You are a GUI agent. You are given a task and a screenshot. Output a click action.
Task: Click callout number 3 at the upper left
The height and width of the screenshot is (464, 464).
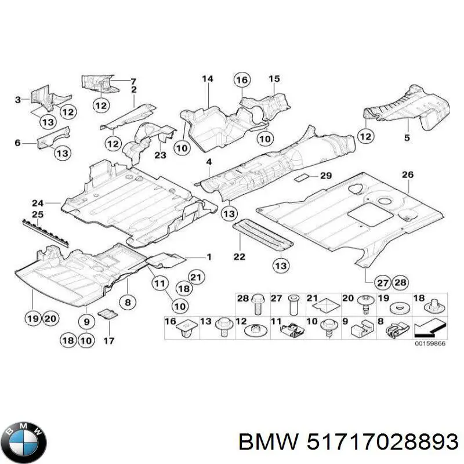click(18, 100)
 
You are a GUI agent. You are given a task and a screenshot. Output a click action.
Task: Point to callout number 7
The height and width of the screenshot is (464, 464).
click(133, 80)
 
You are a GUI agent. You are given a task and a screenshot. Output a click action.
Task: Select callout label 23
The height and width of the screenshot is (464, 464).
click(160, 155)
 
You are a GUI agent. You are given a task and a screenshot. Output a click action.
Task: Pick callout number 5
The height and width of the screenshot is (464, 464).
click(407, 138)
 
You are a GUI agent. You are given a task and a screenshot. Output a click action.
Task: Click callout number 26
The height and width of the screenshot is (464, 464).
click(408, 174)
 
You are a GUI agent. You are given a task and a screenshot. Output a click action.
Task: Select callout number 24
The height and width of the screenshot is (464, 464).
click(38, 202)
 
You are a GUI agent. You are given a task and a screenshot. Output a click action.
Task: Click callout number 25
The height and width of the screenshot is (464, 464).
click(38, 215)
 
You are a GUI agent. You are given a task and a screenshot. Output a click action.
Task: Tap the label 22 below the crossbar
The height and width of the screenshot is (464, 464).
click(239, 256)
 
